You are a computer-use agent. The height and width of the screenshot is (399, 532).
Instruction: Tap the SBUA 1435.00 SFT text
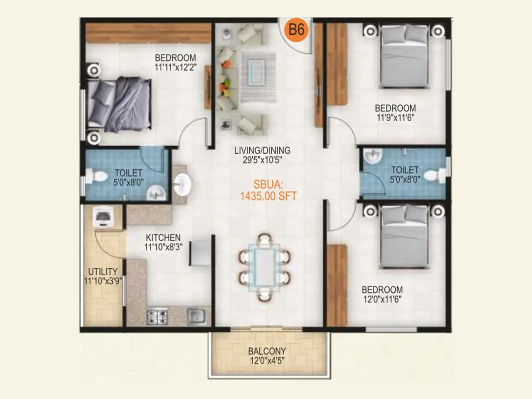(x=268, y=190)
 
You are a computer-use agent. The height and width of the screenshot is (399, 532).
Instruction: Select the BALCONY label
(x=267, y=351)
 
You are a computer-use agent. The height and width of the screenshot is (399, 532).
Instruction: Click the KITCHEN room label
(x=163, y=238)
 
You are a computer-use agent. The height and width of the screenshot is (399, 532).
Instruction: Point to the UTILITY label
(x=103, y=271)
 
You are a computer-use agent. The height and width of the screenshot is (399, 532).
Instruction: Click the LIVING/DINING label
(x=262, y=151)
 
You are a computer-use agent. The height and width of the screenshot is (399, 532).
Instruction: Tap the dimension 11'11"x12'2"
(x=176, y=67)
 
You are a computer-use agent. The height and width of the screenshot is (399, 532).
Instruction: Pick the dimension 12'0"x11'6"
(x=382, y=299)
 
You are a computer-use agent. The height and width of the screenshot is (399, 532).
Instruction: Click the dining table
(x=265, y=268)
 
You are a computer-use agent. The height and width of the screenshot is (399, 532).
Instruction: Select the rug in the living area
(x=258, y=77)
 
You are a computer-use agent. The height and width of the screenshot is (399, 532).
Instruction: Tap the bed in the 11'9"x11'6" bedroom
(x=404, y=57)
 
